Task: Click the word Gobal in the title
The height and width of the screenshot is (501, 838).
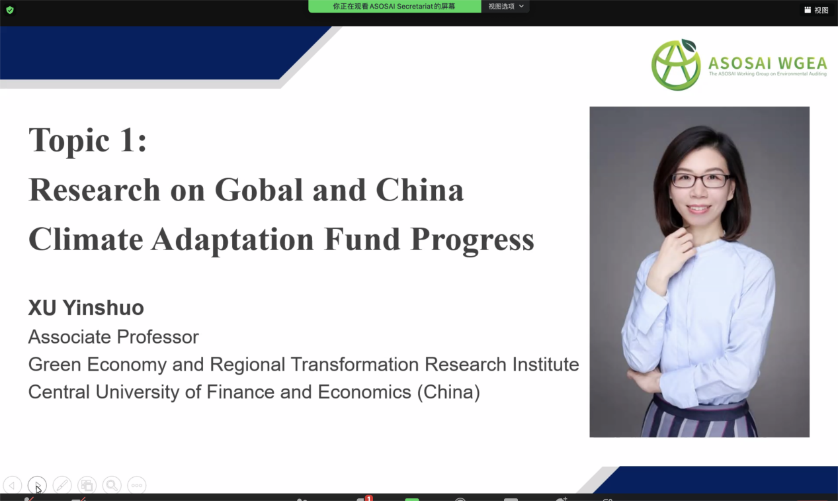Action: [x=259, y=190]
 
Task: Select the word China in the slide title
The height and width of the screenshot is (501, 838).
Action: [x=419, y=189]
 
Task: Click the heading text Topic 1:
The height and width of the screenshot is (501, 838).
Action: [x=87, y=140]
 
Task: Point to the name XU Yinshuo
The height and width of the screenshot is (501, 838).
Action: [x=86, y=308]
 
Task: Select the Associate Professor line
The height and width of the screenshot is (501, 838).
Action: [x=113, y=337]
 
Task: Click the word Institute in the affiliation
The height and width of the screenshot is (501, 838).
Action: [x=546, y=364]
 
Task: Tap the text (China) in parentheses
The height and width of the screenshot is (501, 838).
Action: [x=448, y=392]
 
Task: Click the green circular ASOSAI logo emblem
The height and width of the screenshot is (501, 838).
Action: [x=676, y=65]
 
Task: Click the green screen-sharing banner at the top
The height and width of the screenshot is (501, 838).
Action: [x=394, y=7]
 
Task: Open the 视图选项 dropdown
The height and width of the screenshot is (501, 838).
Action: [x=505, y=7]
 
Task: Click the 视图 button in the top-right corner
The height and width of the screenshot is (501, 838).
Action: [x=817, y=10]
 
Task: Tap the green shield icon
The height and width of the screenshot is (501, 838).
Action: [x=10, y=10]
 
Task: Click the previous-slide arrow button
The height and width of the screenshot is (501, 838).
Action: [x=13, y=486]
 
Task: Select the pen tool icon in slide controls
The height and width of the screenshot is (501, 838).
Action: [x=62, y=486]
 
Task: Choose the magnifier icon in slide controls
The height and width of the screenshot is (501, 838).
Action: [x=112, y=486]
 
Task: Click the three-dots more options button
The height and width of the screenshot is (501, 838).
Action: [x=136, y=486]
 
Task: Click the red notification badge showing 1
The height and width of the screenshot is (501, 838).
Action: [x=369, y=498]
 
